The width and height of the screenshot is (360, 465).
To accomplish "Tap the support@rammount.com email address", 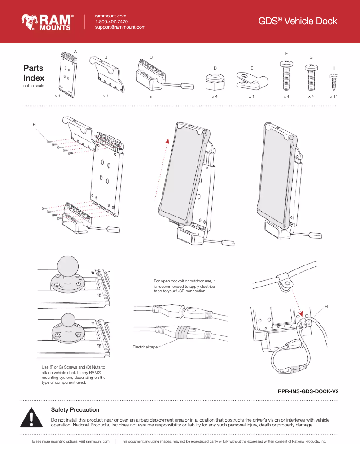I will click(120, 27).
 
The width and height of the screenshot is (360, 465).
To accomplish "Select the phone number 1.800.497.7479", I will click(111, 22).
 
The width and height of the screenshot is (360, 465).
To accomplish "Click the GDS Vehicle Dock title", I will click(298, 21).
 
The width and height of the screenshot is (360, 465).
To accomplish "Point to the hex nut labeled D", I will click(215, 81).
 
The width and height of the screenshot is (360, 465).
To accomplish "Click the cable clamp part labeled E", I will click(251, 81).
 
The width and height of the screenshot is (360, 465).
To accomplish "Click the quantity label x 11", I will click(334, 96).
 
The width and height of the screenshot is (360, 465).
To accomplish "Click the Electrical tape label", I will click(145, 347).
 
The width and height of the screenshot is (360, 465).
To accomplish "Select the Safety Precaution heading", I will click(75, 409).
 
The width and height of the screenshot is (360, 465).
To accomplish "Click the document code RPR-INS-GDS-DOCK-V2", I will click(308, 391).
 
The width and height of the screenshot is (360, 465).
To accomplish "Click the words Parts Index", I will click(34, 73).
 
